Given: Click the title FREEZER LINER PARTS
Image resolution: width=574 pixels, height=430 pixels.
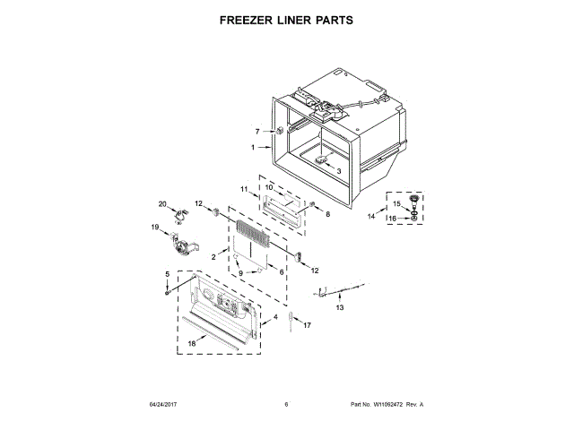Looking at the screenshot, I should coord(286,19).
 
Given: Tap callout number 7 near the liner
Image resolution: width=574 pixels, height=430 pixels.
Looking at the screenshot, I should coord(257,132).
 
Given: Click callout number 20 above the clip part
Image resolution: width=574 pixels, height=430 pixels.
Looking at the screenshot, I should coord(162,203).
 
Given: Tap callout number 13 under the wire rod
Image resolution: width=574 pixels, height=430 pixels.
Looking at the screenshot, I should coord(339,307).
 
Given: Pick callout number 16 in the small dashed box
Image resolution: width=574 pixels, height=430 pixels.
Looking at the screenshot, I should coord(391,217).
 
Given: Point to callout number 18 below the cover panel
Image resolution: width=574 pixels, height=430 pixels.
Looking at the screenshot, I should coord(191,343).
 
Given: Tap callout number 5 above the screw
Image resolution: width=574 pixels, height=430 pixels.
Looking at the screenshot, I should coord(167,273).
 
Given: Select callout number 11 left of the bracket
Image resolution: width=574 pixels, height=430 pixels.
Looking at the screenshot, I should coord(243,189).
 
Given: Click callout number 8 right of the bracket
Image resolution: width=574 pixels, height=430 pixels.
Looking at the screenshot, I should coord(327,215).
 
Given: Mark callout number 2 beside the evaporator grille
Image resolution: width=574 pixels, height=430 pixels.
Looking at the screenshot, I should coord(213,257).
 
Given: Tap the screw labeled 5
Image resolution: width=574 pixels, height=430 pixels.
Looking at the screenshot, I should coord(168,292).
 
